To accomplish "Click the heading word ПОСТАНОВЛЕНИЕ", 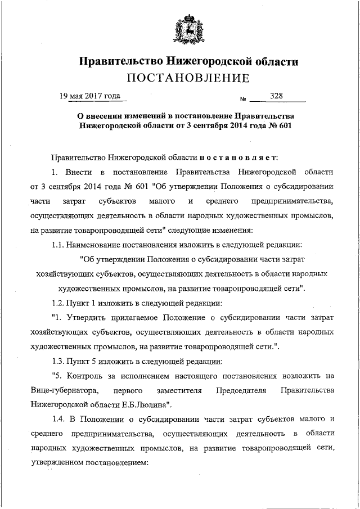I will (187, 77).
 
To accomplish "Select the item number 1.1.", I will (58, 244).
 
